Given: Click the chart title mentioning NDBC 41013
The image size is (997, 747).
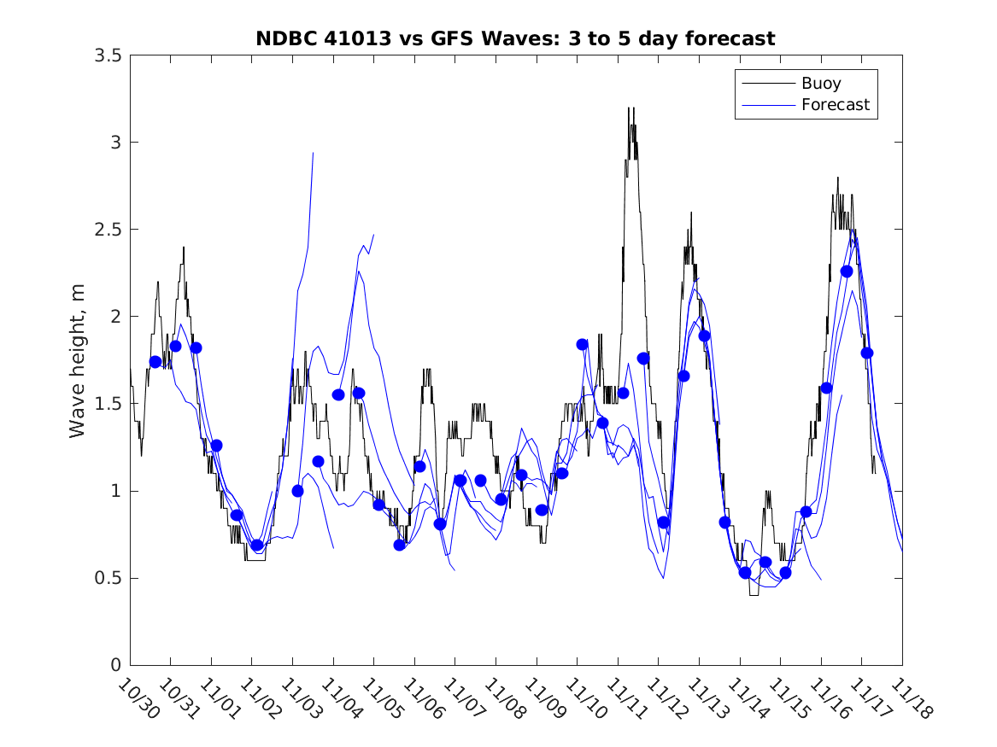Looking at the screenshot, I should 515,38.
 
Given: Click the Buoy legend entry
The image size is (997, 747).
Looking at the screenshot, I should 820,84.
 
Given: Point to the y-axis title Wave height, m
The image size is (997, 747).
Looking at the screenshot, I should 78,359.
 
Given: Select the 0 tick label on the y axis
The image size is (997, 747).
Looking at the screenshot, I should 114,665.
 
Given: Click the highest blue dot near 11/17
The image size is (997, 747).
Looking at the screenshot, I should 847,271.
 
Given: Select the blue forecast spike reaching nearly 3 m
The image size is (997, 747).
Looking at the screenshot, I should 313,154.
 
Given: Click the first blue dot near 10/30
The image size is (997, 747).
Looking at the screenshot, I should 155,362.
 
